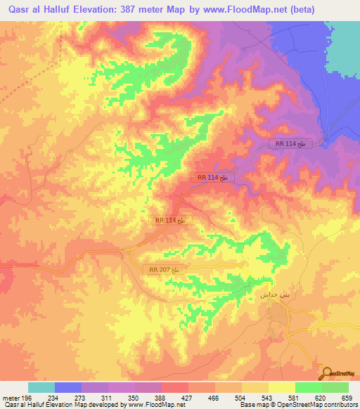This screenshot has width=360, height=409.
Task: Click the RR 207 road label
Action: click(165, 270)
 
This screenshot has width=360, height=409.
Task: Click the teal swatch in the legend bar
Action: click(41, 387)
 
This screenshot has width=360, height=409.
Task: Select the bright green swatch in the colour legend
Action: click(309, 387)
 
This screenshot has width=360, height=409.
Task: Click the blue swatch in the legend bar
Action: click(68, 387)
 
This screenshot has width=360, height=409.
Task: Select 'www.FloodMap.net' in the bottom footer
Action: click(155, 405)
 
